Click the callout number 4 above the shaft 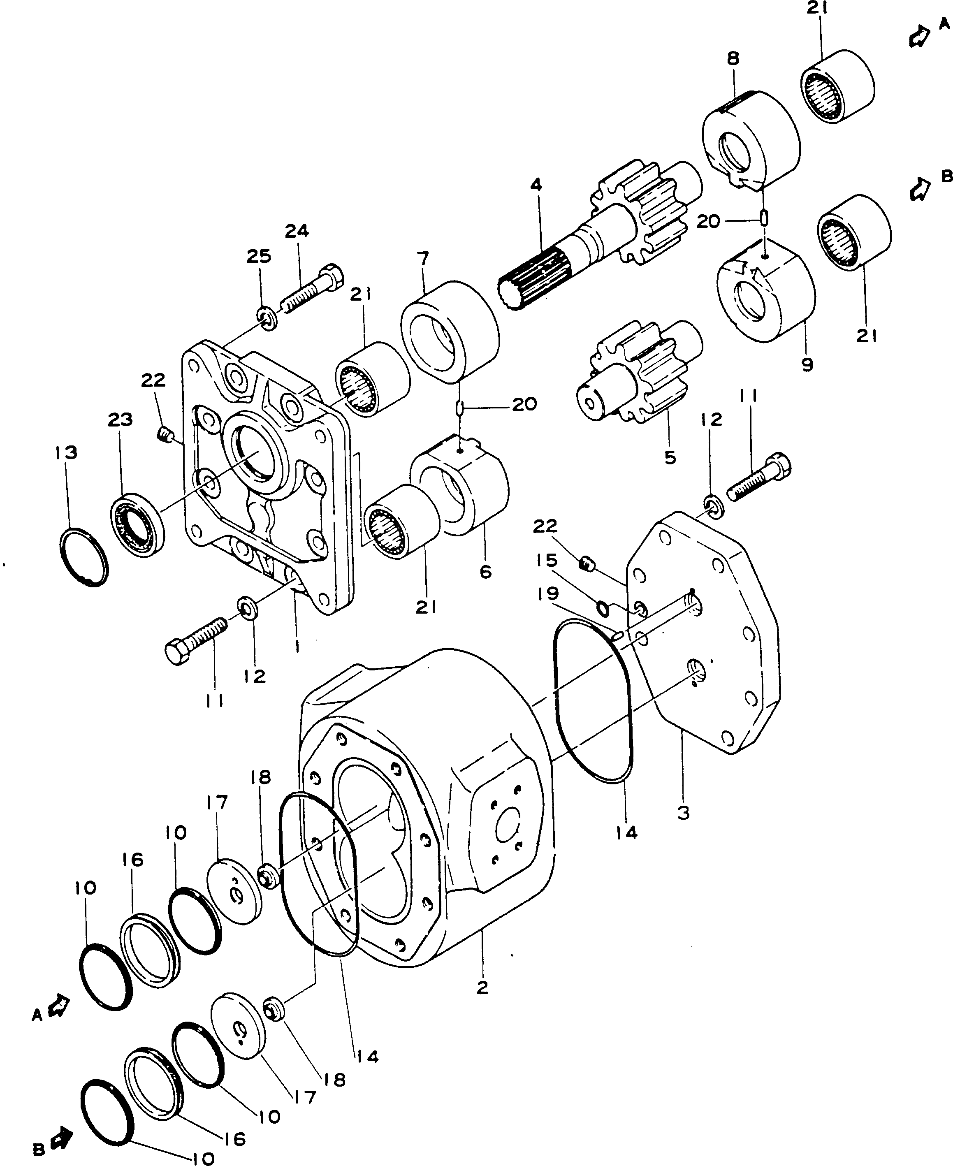536,184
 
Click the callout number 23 120,420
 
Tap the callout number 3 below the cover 683,812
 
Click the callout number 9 807,364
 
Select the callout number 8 733,58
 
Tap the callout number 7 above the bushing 423,257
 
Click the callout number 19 548,593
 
